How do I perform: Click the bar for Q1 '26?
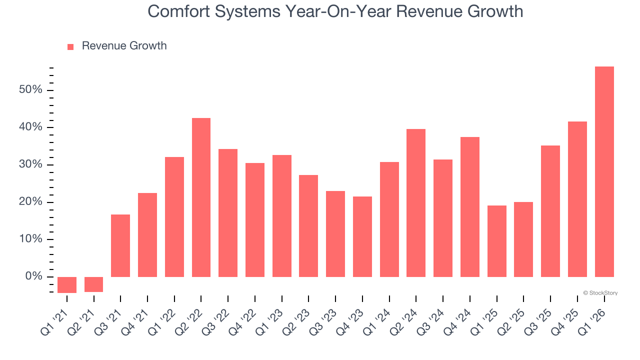604,171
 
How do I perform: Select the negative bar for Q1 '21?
67,285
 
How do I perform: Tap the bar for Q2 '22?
201,197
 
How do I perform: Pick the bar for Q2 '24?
416,203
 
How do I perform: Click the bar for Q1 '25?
496,241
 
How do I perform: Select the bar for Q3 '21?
120,245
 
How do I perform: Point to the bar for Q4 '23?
362,236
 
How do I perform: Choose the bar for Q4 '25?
577,199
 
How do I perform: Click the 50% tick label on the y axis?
30,90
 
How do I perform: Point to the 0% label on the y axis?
33,276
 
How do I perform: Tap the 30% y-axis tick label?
30,164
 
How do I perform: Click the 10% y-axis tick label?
30,239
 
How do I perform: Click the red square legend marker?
70,46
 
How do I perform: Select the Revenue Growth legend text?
124,46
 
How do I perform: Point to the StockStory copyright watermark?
600,293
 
